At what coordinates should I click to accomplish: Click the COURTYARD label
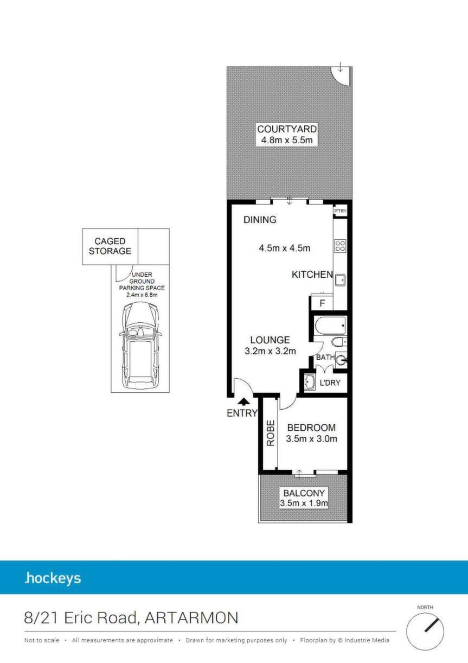click(x=287, y=129)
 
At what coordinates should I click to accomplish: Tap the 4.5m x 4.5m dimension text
click(x=284, y=248)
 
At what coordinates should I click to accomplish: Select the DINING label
click(x=260, y=220)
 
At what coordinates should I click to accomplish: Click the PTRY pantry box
click(x=340, y=211)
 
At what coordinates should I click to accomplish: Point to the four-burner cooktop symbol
click(x=340, y=246)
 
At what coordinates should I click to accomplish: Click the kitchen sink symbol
click(x=340, y=280)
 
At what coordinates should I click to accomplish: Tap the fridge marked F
click(x=322, y=303)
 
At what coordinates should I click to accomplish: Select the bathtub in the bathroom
click(x=330, y=326)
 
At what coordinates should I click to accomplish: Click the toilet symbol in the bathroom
click(x=339, y=342)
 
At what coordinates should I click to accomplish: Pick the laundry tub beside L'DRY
click(x=310, y=382)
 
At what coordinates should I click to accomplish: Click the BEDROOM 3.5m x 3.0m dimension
click(x=311, y=438)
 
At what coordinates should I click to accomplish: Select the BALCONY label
click(x=304, y=493)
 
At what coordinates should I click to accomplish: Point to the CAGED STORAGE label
click(x=110, y=246)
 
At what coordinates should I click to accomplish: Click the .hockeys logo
click(x=53, y=578)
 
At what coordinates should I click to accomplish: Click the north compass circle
click(x=425, y=631)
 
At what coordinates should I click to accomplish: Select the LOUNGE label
click(x=270, y=340)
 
